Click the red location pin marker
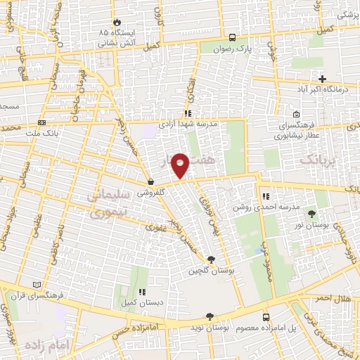coord(181,165)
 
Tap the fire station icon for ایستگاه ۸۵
coord(117,22)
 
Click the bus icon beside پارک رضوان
coord(231,38)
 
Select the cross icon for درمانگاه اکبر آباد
coord(322,79)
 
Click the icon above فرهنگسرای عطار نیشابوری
coord(296,115)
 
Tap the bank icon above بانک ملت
coord(42,122)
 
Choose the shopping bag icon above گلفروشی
coord(151,181)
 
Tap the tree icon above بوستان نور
coord(322,213)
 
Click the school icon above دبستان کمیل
coord(141,291)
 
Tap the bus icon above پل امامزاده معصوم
coord(266,318)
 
